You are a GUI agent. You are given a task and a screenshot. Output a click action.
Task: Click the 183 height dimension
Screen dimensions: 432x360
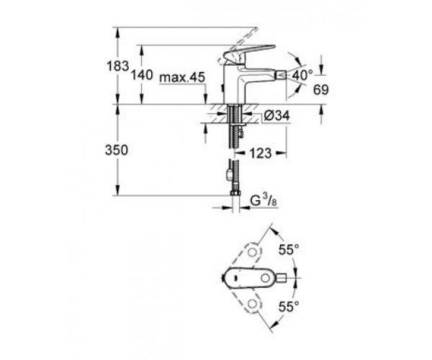pos(117,66)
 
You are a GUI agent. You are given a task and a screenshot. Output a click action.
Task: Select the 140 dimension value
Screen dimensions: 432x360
pos(142,75)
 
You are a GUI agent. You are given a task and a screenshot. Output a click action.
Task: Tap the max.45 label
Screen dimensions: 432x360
pos(182,78)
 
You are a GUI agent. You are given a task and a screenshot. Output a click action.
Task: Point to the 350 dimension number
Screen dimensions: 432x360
pos(117,150)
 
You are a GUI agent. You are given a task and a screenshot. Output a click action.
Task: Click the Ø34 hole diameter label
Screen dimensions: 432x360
pos(276,115)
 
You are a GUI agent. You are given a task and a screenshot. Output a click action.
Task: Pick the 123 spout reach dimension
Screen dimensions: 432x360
pos(261,153)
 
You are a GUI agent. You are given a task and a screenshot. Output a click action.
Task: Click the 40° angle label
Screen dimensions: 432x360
pos(302,75)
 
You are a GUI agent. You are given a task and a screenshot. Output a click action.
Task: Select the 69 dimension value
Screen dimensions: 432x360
pos(321,90)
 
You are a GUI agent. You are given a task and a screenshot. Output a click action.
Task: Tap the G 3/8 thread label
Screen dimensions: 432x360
pos(264,201)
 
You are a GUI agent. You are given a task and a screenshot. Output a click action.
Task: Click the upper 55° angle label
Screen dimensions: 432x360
pos(289,250)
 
